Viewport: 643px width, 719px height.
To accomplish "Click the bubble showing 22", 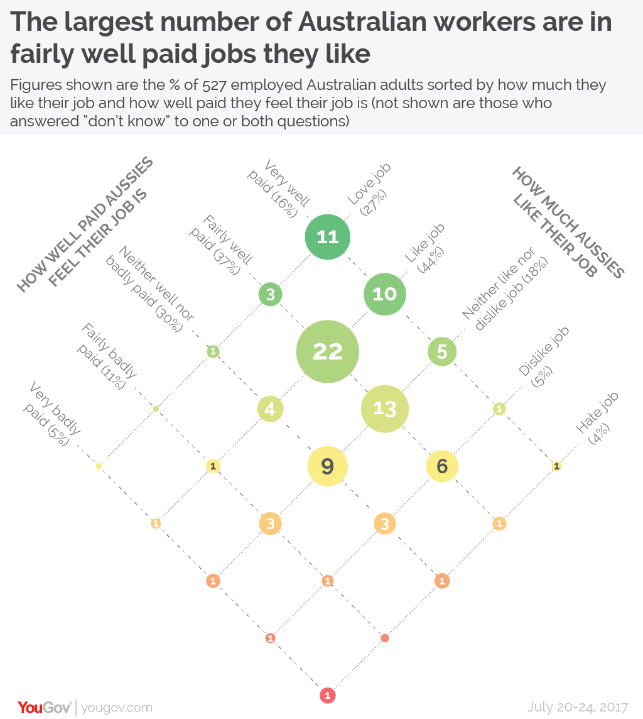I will pyautogui.click(x=327, y=351).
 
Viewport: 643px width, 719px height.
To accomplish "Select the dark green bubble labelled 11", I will pyautogui.click(x=327, y=237).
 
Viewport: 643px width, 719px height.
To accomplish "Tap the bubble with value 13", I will pyautogui.click(x=385, y=409).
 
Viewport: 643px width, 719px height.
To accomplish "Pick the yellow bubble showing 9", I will pyautogui.click(x=327, y=466).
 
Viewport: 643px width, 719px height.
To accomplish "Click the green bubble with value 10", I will pyautogui.click(x=385, y=294).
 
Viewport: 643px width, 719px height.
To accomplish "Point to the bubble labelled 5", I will pyautogui.click(x=442, y=351).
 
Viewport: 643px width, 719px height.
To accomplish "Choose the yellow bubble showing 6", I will pyautogui.click(x=442, y=466).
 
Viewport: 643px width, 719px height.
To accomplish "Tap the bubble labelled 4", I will pyautogui.click(x=270, y=409).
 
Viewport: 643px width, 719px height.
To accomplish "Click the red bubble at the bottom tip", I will pyautogui.click(x=327, y=696).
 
